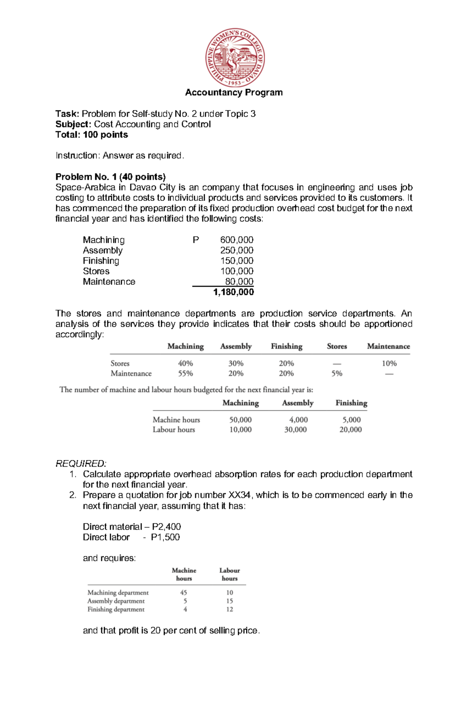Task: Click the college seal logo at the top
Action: point(235,58)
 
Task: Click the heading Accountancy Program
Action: point(234,92)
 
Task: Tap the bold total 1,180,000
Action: point(233,292)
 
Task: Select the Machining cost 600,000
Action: point(237,240)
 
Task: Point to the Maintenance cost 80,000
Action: point(239,281)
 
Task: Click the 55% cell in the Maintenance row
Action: point(185,373)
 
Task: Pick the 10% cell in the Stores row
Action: point(389,363)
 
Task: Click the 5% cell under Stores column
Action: point(337,373)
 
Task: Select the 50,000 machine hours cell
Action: point(240,420)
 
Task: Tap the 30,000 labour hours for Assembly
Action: point(295,429)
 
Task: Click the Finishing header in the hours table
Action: point(351,403)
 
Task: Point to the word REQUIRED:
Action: point(81,464)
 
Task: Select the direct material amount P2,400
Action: point(166,526)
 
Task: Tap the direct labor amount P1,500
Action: point(165,537)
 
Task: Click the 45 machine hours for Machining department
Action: point(183,593)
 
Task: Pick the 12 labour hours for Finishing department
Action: point(230,609)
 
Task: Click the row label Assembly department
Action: point(116,601)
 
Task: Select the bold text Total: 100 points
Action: point(92,135)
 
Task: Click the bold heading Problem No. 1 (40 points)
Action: point(111,177)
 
